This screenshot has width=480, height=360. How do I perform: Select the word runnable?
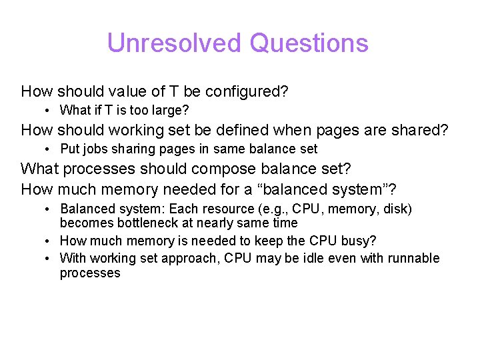(414, 258)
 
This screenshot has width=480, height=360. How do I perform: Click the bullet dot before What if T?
(49, 111)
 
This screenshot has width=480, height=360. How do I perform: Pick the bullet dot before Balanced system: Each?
(49, 209)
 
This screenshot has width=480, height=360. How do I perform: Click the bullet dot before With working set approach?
(49, 258)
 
